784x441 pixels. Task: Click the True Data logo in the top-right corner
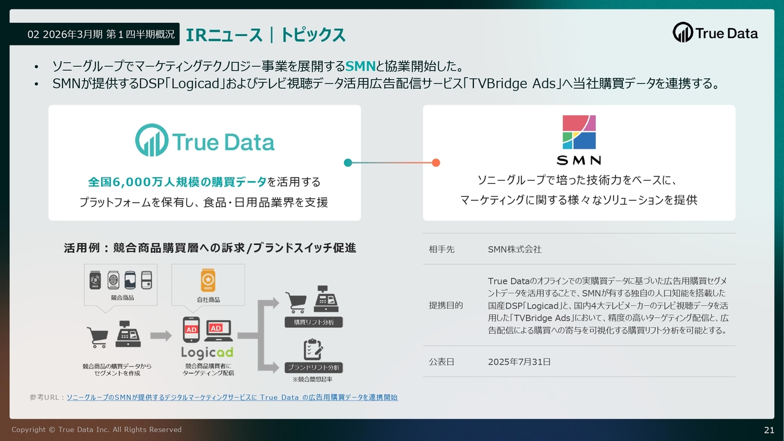pyautogui.click(x=715, y=32)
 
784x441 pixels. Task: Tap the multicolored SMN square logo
pyautogui.click(x=579, y=132)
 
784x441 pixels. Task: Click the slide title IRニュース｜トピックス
pyautogui.click(x=266, y=35)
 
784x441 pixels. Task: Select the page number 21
pyautogui.click(x=769, y=430)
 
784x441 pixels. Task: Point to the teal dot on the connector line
pyautogui.click(x=348, y=163)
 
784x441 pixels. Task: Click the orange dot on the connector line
pyautogui.click(x=435, y=163)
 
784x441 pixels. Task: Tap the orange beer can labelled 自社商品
pyautogui.click(x=208, y=280)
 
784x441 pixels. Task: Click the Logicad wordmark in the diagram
pyautogui.click(x=207, y=352)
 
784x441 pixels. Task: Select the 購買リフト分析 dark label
pyautogui.click(x=314, y=322)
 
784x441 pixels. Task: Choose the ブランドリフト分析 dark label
pyautogui.click(x=314, y=367)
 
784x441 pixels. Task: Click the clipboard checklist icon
pyautogui.click(x=313, y=349)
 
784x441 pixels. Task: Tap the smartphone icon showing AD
pyautogui.click(x=191, y=330)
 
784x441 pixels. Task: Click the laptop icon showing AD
pyautogui.click(x=219, y=331)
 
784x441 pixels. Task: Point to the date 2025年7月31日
pyautogui.click(x=519, y=361)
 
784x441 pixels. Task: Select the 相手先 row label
pyautogui.click(x=442, y=249)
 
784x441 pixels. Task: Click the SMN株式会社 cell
pyautogui.click(x=514, y=249)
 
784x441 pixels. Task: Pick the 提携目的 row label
pyautogui.click(x=446, y=305)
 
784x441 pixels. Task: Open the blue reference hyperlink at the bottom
pyautogui.click(x=232, y=398)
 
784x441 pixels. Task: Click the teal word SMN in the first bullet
pyautogui.click(x=361, y=66)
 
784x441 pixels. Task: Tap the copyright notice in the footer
pyautogui.click(x=97, y=429)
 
